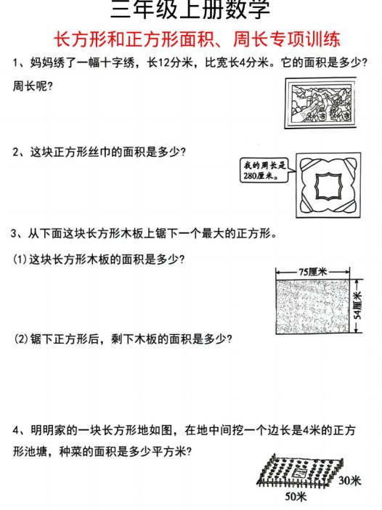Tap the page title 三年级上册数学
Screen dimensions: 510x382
tap(191, 10)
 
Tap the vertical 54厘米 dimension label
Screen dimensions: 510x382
tap(357, 307)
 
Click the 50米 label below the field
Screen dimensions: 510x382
tap(294, 497)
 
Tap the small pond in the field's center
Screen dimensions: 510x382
tap(298, 473)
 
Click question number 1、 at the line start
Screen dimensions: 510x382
tap(20, 63)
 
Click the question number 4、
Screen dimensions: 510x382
tap(20, 429)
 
